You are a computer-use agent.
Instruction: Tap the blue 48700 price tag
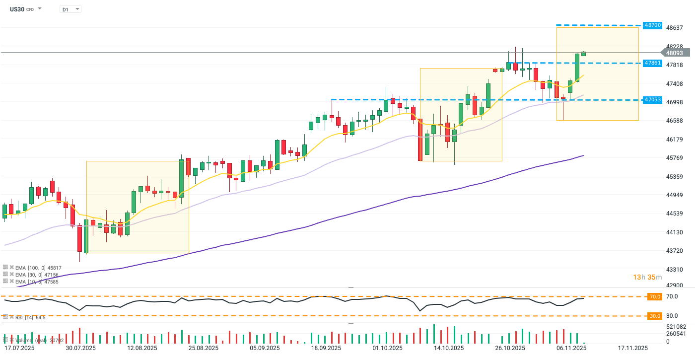tap(651, 25)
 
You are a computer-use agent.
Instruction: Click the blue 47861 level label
tap(651, 63)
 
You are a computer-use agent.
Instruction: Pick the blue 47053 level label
tap(651, 100)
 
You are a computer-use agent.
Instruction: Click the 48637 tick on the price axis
tap(674, 28)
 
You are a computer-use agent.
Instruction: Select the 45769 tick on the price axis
tap(674, 158)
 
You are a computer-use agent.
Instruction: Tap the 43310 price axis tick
tap(674, 270)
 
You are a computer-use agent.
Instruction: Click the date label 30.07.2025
tap(80, 348)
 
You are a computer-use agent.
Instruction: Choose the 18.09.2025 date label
tap(326, 348)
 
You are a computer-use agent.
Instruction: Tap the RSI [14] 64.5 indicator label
tap(27, 317)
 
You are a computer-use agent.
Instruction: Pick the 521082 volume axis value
tap(676, 326)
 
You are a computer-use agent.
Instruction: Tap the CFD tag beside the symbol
tap(30, 9)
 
